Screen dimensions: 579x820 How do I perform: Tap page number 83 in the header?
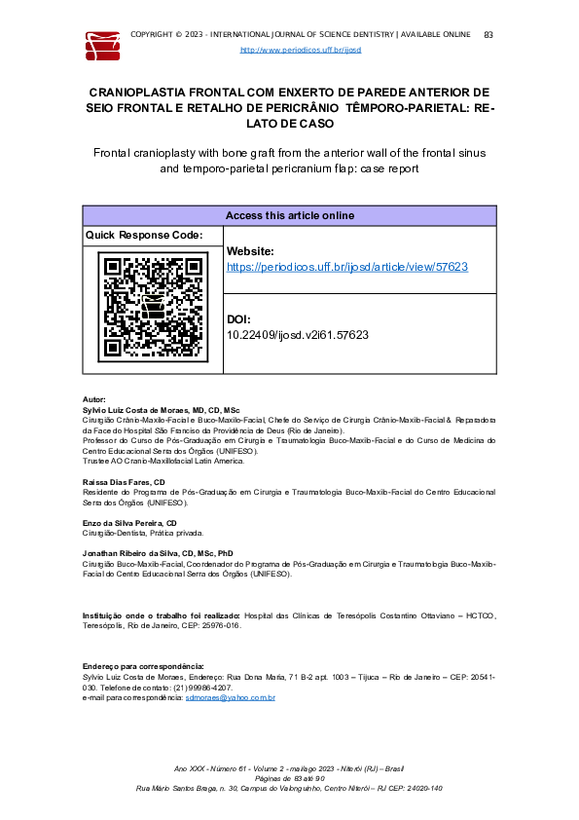pyautogui.click(x=488, y=35)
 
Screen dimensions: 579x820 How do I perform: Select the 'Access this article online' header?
pyautogui.click(x=289, y=215)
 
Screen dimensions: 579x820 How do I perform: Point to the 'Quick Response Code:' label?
pyautogui.click(x=144, y=236)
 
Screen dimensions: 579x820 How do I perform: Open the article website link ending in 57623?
pyautogui.click(x=347, y=266)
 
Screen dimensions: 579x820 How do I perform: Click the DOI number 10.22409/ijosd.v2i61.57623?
pyautogui.click(x=297, y=334)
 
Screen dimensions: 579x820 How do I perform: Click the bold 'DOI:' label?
pyautogui.click(x=238, y=319)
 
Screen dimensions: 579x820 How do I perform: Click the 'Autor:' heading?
pyautogui.click(x=94, y=400)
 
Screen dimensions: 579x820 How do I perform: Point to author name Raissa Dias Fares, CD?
pyautogui.click(x=124, y=482)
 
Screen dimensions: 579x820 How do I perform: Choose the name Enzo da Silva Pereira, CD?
pyautogui.click(x=129, y=523)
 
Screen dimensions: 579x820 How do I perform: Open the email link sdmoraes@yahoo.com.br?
pyautogui.click(x=231, y=697)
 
